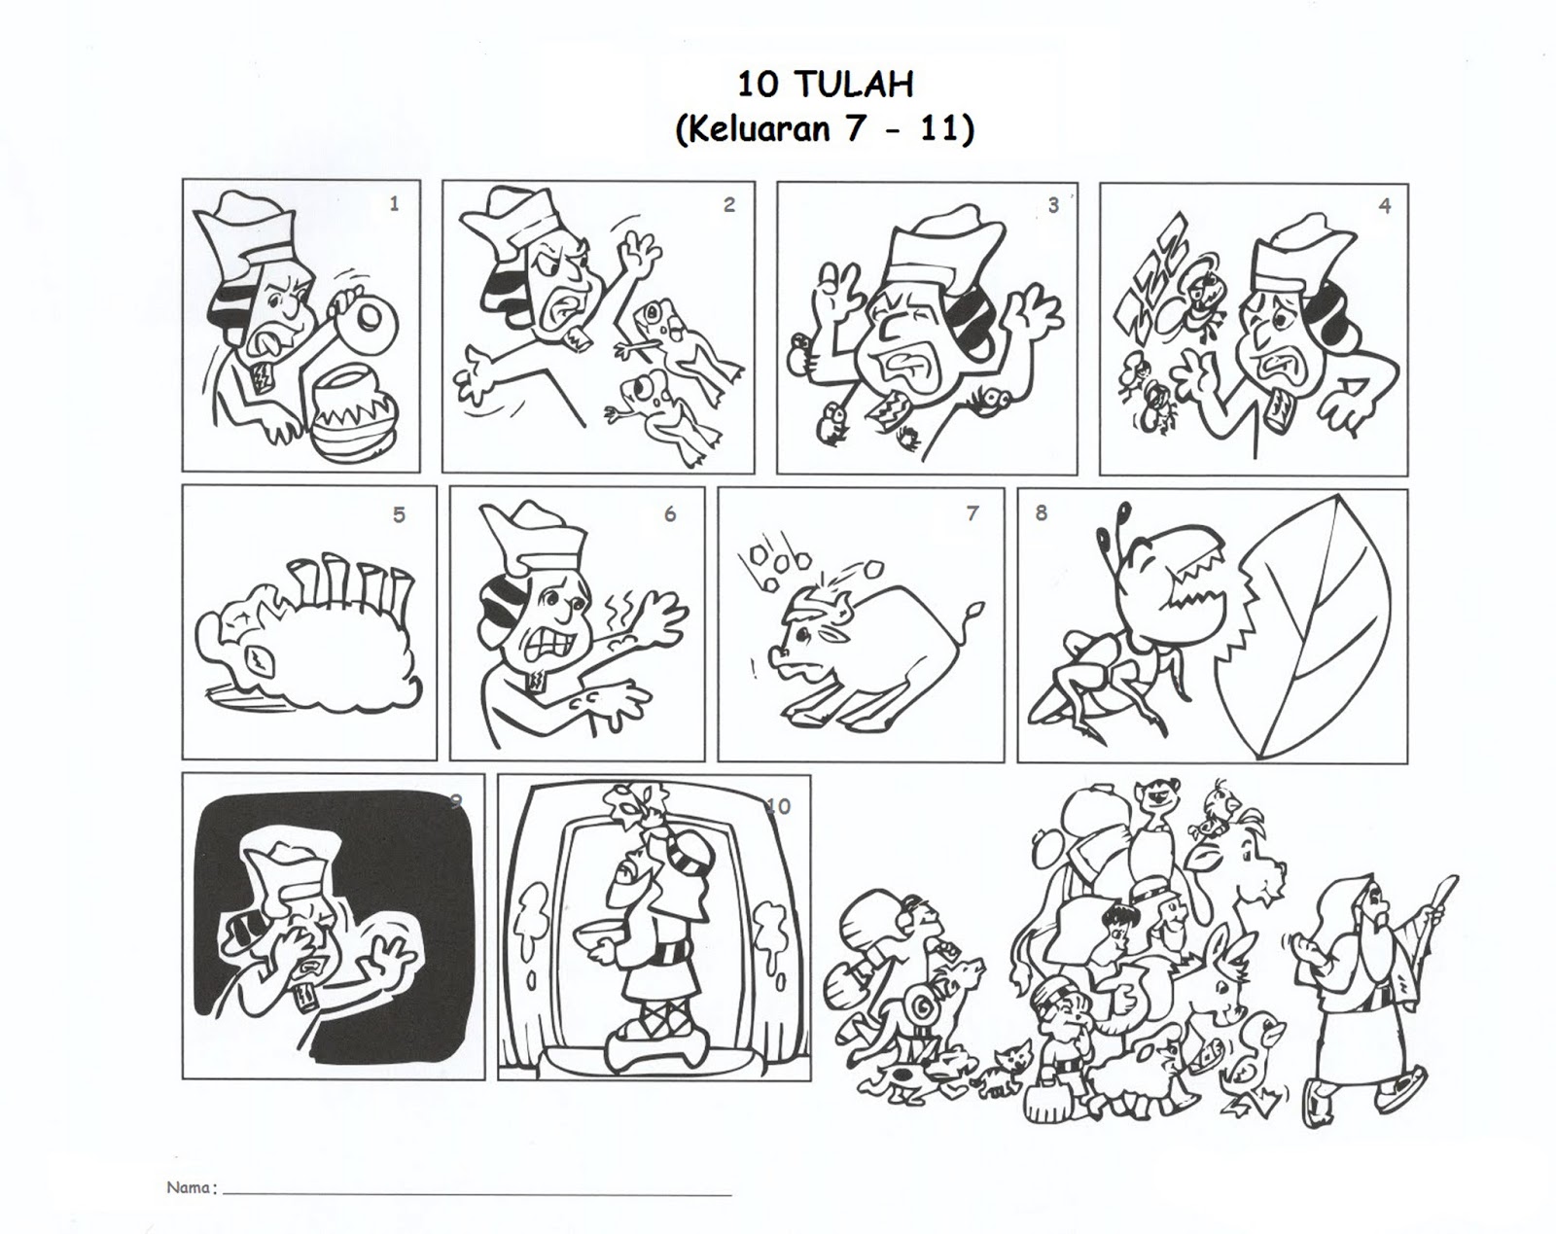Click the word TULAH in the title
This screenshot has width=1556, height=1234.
[x=856, y=85]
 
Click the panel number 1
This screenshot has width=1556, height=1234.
[x=394, y=204]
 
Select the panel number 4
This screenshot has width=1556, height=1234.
[x=1384, y=206]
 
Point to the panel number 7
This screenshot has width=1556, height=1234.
[x=972, y=513]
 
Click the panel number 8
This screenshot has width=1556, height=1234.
[x=1041, y=512]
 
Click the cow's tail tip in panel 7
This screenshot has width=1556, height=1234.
[x=977, y=607]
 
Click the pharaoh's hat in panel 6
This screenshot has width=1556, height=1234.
[x=535, y=539]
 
